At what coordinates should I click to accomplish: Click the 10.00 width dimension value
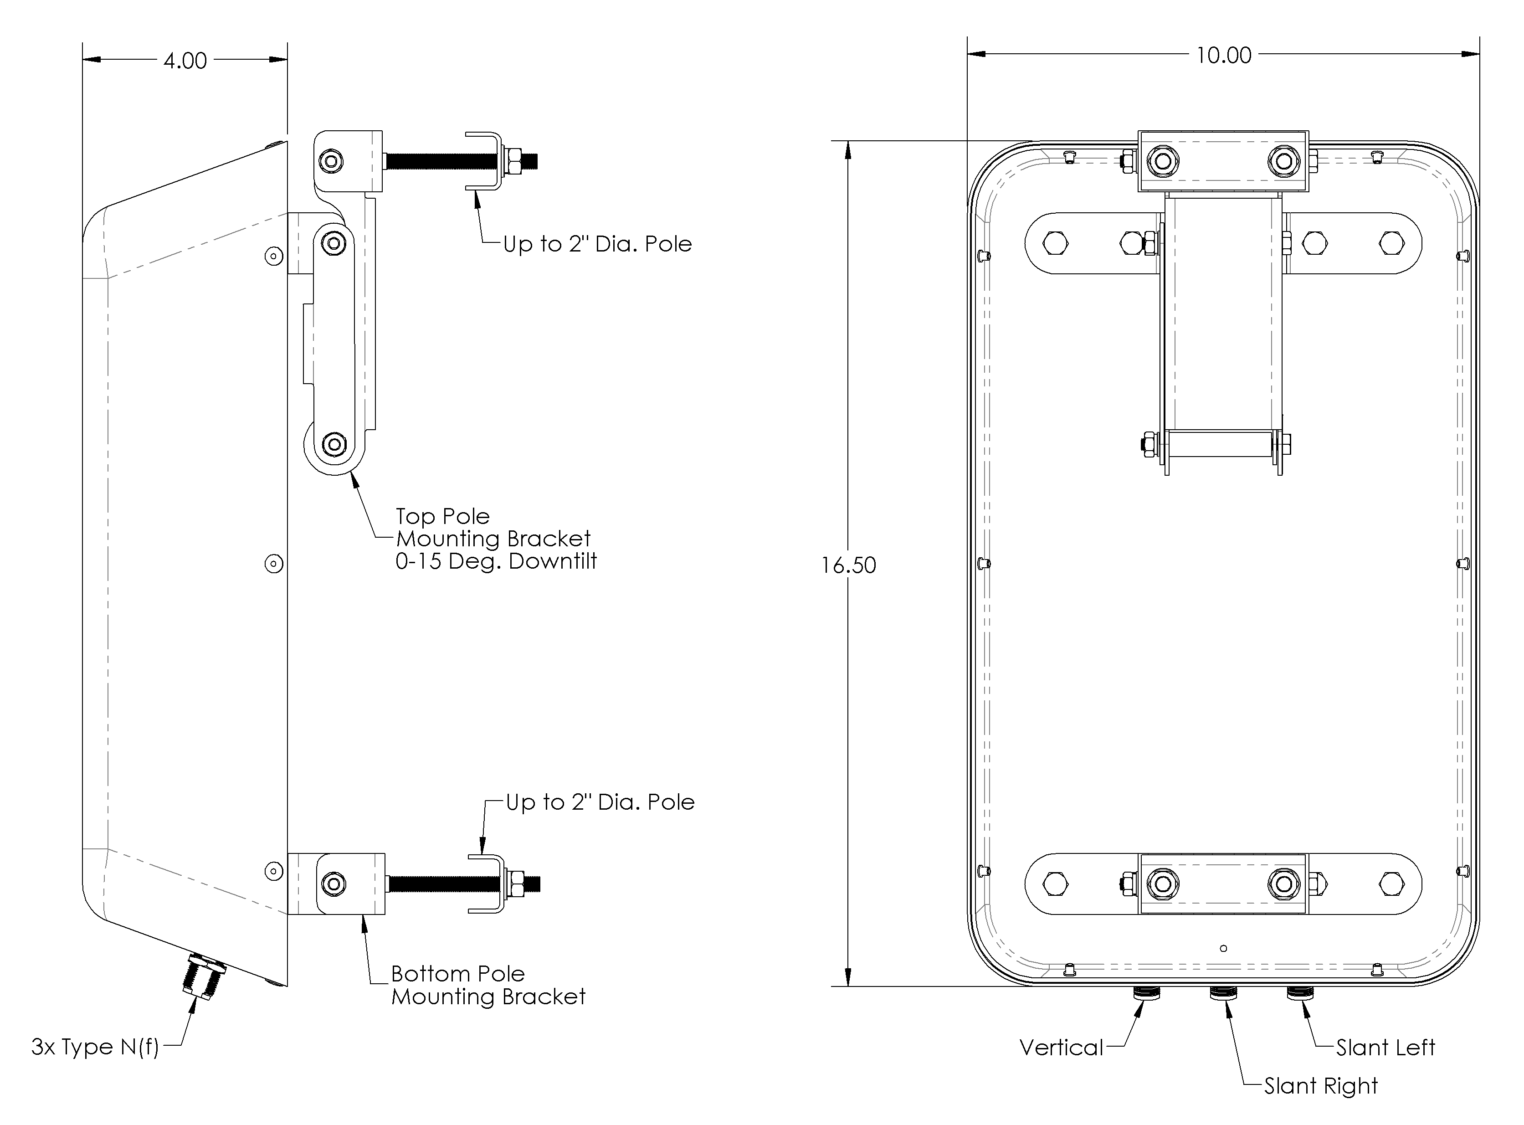(1224, 55)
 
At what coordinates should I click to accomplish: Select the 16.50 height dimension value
(848, 565)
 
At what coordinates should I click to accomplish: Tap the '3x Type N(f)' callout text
(95, 1047)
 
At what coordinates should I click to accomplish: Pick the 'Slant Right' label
(1320, 1085)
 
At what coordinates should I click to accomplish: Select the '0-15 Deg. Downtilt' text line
(496, 562)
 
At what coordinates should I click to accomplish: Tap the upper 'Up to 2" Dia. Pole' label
(597, 244)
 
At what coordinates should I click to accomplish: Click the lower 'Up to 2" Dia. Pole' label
(600, 802)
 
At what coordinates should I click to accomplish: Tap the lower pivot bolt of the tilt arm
(334, 445)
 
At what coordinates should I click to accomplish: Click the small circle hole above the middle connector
(1224, 948)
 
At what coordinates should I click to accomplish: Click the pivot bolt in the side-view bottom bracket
(333, 884)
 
